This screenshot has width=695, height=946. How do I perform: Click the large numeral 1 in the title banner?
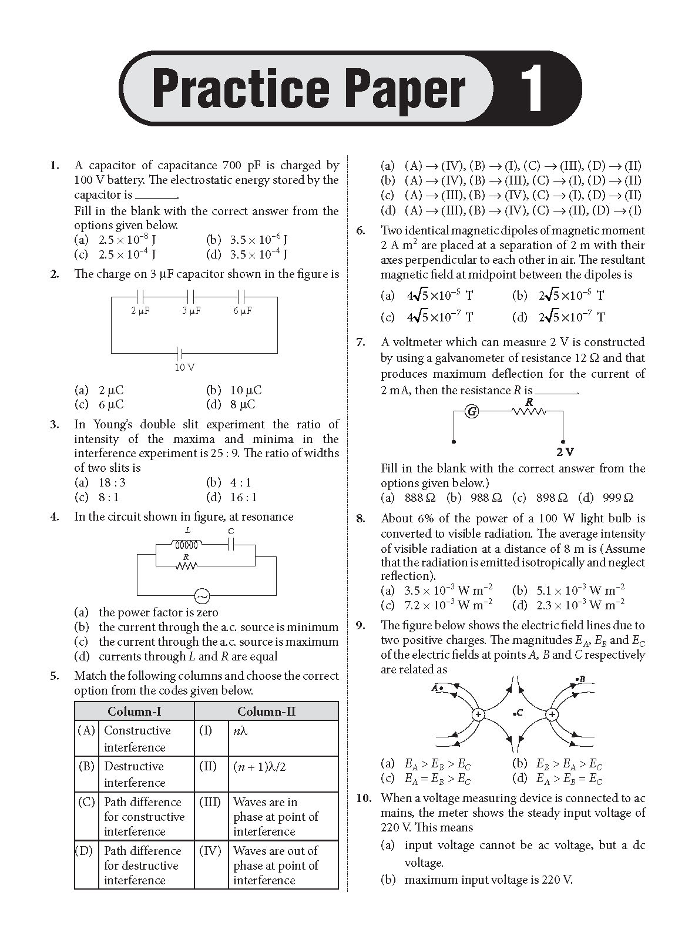point(533,89)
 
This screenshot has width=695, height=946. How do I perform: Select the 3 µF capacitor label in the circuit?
point(191,310)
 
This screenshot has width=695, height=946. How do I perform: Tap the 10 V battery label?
point(184,367)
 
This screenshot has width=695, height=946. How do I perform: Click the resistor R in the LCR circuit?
point(186,565)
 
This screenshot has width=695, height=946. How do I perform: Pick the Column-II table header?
point(266,712)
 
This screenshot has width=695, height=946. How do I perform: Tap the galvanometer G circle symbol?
point(471,411)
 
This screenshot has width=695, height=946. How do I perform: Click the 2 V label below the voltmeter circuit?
point(565,452)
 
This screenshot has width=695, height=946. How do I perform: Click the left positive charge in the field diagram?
point(478,714)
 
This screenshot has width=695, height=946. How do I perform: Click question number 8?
point(360,518)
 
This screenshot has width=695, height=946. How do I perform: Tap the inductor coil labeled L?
point(189,544)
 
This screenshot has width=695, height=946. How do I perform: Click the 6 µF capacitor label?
point(242,310)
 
